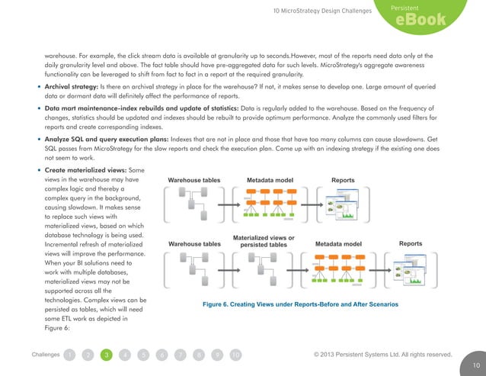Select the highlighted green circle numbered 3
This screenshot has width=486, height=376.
click(x=107, y=355)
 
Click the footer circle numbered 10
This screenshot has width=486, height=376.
click(x=235, y=355)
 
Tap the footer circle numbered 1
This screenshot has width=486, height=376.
click(x=70, y=355)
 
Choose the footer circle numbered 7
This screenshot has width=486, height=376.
click(x=180, y=355)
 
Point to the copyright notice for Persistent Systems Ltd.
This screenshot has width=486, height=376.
click(x=383, y=355)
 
